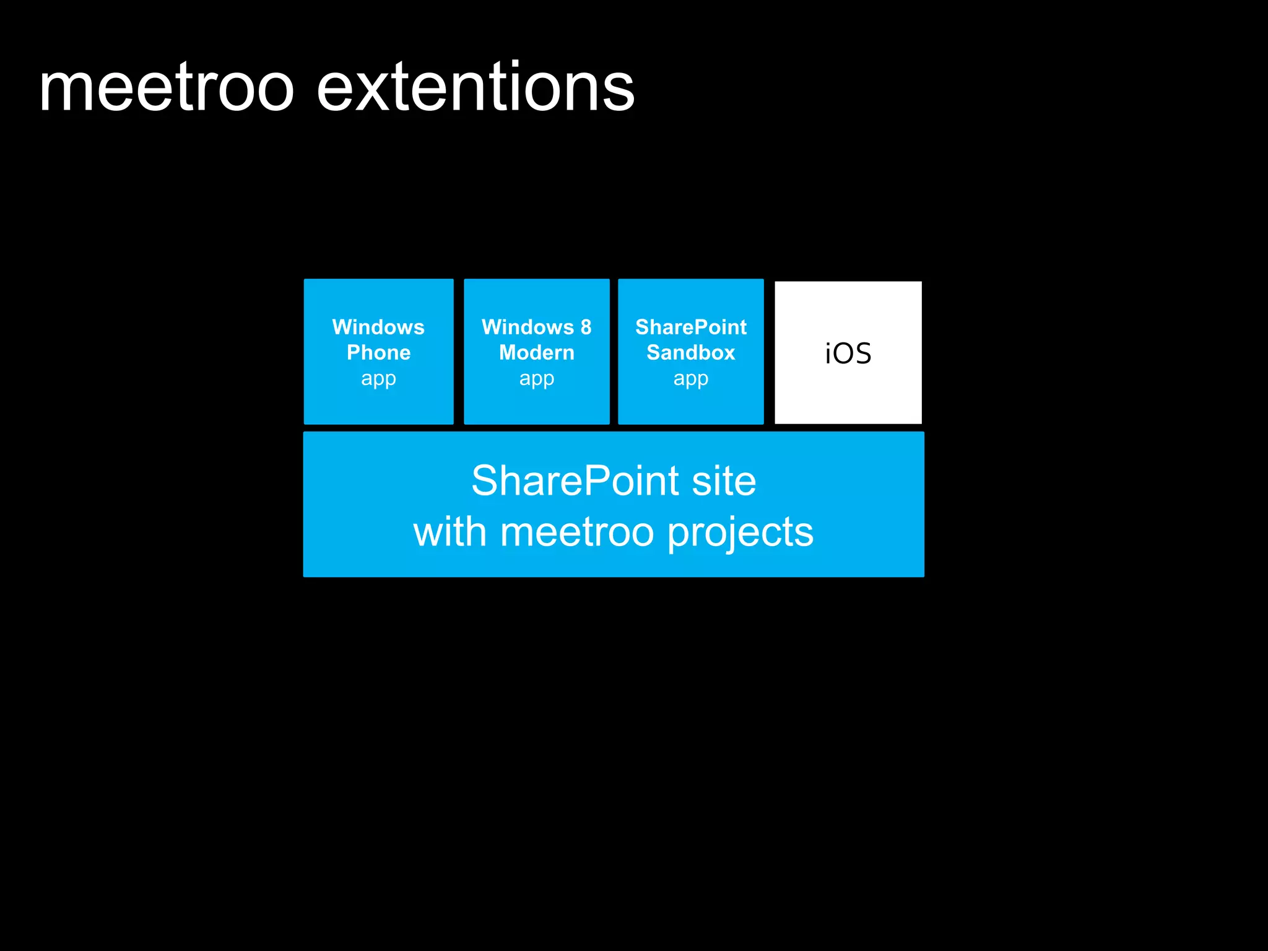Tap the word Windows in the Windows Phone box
[x=378, y=327]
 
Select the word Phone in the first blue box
[x=378, y=352]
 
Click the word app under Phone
[x=378, y=379]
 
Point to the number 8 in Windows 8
[x=586, y=327]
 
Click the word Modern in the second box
[x=537, y=352]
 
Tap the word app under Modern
[x=537, y=379]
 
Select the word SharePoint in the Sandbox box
[x=691, y=327]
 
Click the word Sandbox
[x=691, y=352]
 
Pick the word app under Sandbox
[x=691, y=379]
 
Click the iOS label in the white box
[x=848, y=354]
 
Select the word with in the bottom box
[x=449, y=532]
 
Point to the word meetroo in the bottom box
[x=576, y=532]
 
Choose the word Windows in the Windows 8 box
[x=528, y=327]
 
